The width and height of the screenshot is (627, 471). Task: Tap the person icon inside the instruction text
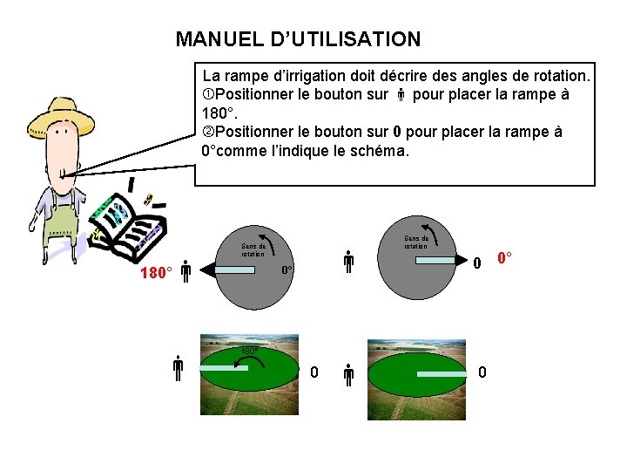[400, 95]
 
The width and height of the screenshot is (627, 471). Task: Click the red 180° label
[157, 273]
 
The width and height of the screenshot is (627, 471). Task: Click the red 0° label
[504, 258]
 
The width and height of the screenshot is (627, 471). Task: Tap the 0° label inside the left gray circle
[287, 271]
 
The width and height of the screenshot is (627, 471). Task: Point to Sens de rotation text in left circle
[253, 249]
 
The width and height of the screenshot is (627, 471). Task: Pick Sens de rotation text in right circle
[415, 242]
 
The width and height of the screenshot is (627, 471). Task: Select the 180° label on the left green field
[249, 352]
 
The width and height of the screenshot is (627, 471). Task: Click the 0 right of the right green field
[482, 373]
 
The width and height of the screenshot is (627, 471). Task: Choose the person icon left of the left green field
[177, 371]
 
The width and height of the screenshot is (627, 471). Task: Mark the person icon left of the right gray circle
[347, 262]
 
